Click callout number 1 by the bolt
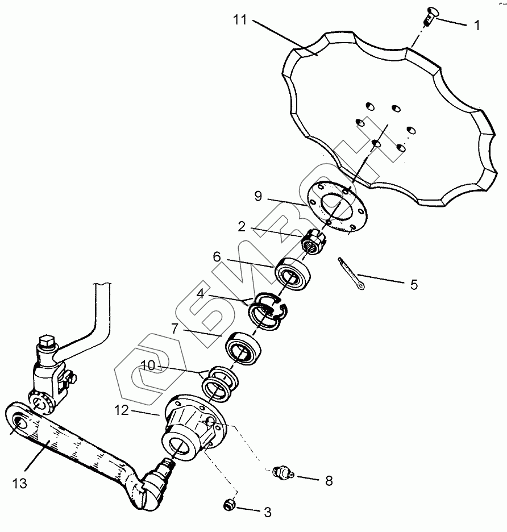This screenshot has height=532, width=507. [477, 25]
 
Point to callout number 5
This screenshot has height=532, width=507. [413, 284]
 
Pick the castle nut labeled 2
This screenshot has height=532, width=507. [313, 243]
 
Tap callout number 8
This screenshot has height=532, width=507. [328, 481]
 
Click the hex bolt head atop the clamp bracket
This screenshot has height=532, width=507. [45, 343]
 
